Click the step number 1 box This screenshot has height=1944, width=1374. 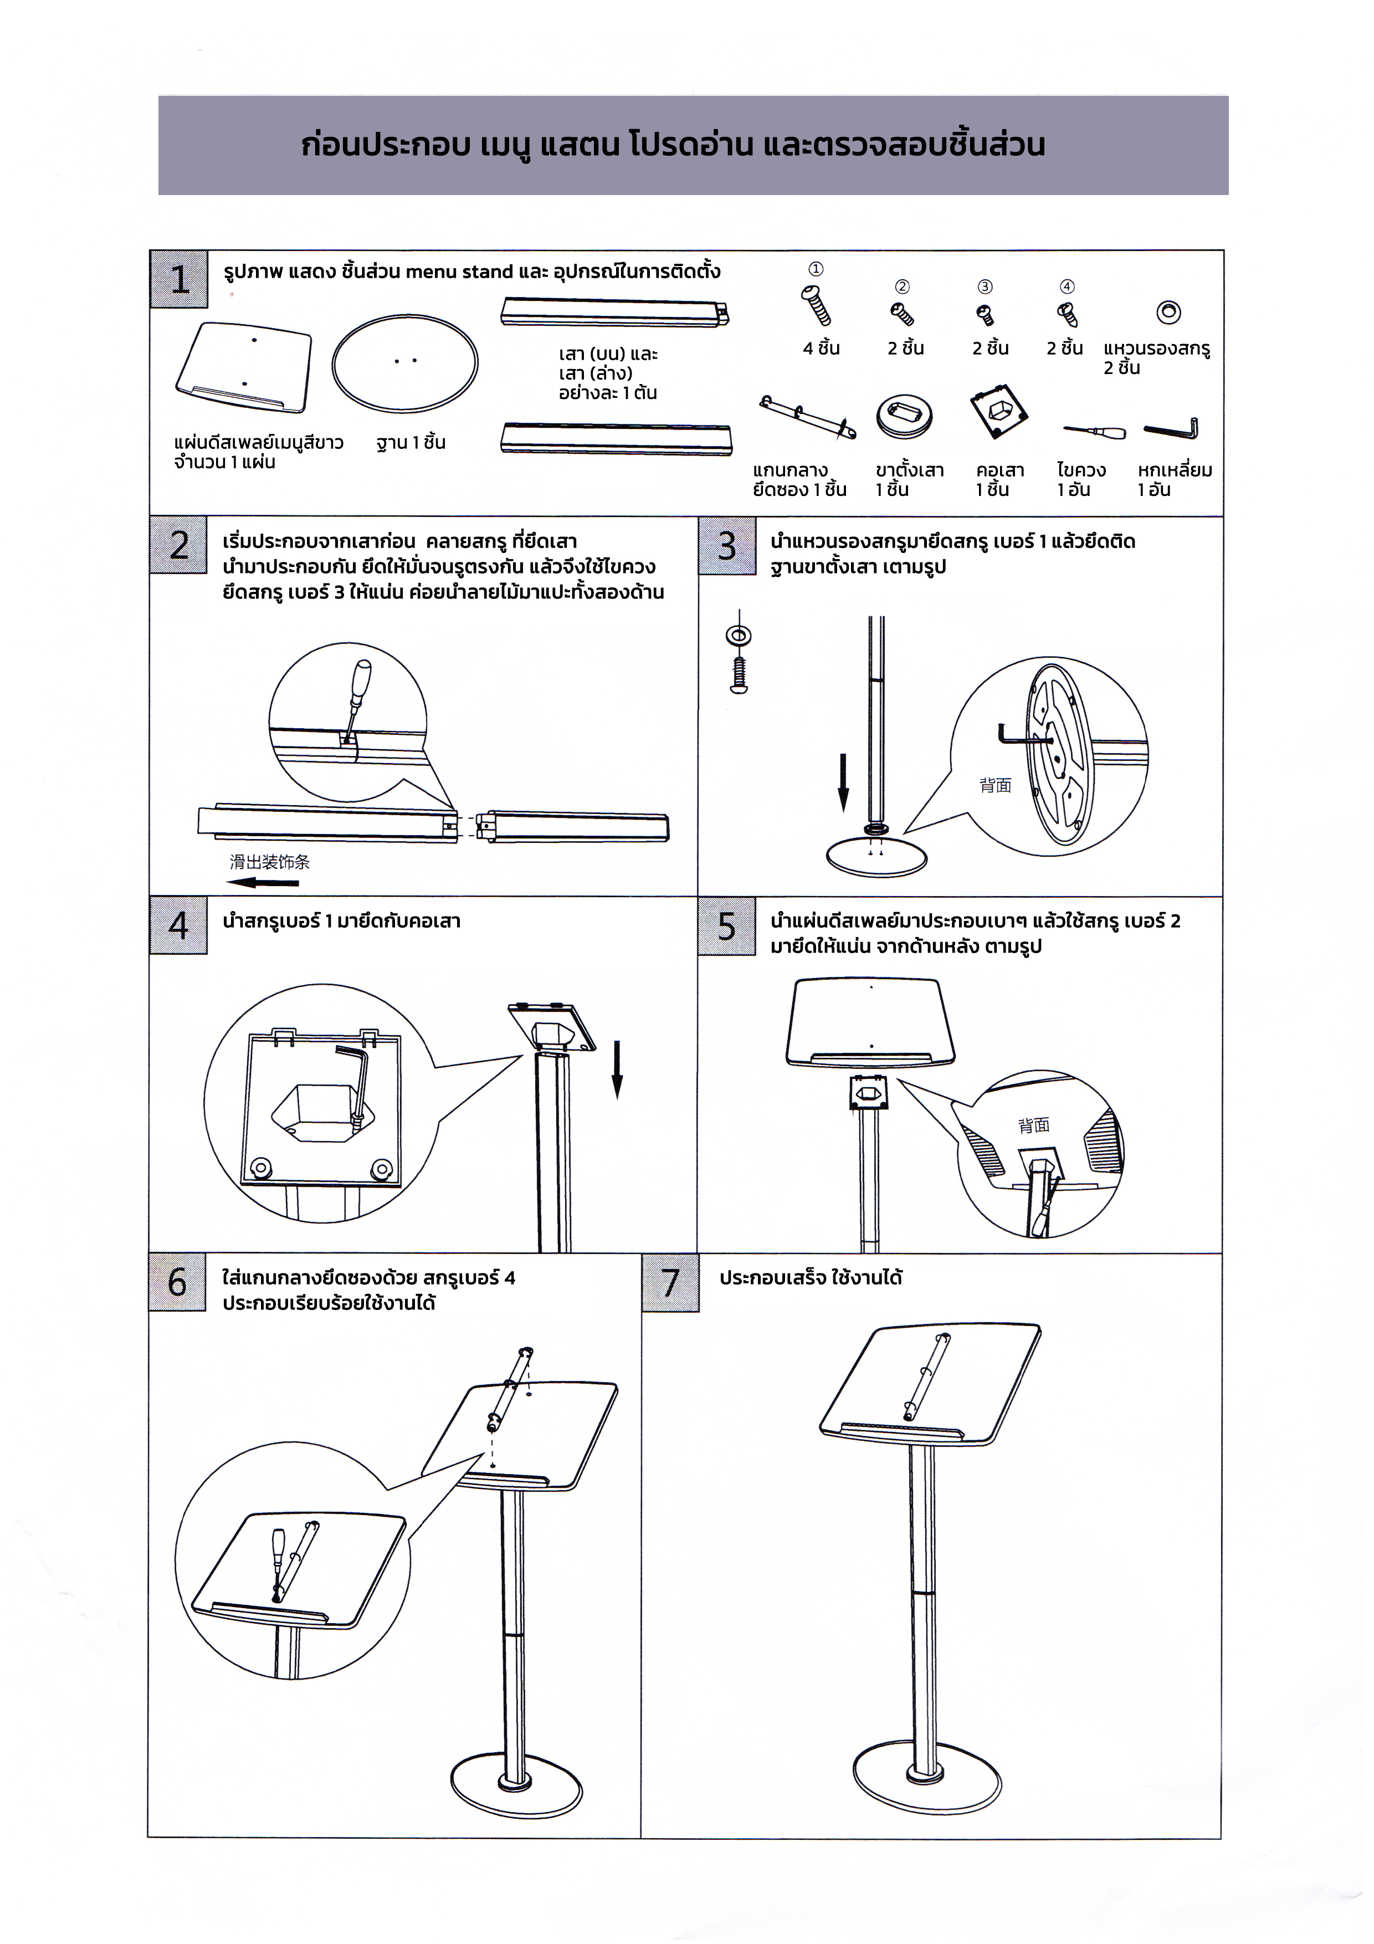pos(178,279)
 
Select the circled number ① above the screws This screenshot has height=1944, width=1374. pos(815,269)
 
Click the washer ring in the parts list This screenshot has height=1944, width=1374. pos(1168,313)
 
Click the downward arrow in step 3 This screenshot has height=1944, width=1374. pos(843,781)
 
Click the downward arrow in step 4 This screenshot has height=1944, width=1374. pos(617,1068)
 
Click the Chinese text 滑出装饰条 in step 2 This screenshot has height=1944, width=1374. pos(269,862)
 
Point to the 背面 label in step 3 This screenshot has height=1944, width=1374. pos(996,786)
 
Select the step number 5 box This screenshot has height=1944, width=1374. pos(726,926)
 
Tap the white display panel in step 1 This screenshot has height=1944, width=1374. pos(244,367)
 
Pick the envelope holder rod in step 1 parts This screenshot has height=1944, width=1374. pos(807,417)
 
